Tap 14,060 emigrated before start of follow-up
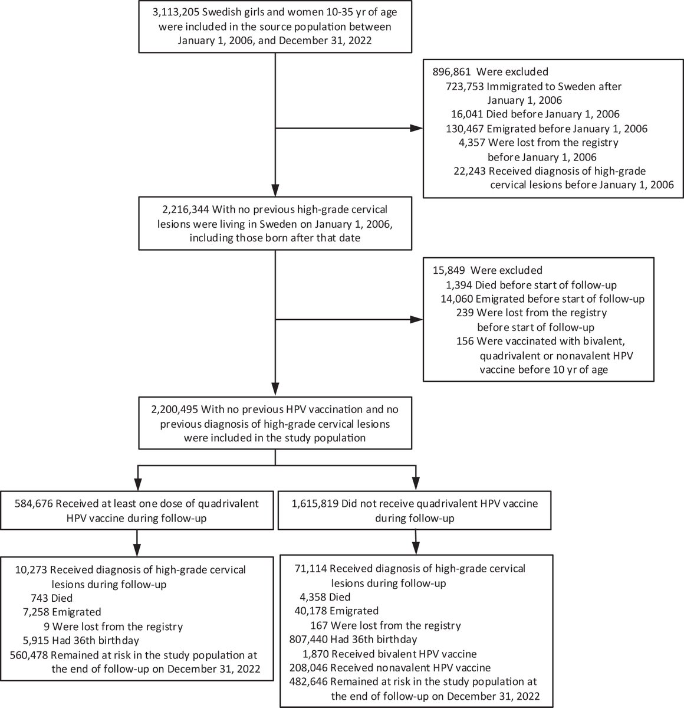pyautogui.click(x=459, y=299)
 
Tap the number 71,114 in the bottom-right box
pyautogui.click(x=310, y=569)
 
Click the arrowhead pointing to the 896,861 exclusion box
pyautogui.click(x=418, y=127)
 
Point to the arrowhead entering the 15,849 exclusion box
pyautogui.click(x=418, y=320)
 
